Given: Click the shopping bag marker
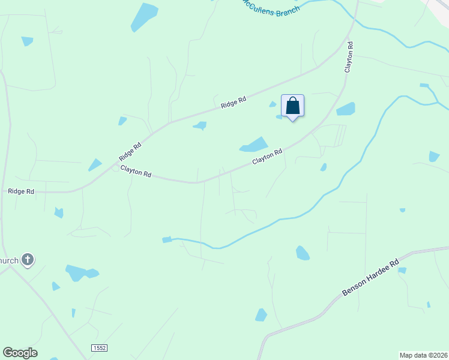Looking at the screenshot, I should point(292,106).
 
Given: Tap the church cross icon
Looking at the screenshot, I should point(27,260).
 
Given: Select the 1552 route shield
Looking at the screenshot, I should point(99,349).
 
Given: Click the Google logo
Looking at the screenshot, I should point(20,353).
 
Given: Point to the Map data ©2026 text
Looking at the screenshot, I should point(423,355).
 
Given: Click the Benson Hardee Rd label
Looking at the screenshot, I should point(370,277).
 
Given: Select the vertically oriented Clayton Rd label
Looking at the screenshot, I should point(348,57).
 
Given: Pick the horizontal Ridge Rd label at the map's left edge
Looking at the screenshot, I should point(21,191).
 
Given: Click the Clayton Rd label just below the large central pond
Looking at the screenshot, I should point(267,157).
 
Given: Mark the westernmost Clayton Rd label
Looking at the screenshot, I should point(136,171).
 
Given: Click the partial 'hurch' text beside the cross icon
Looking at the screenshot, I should point(8,260).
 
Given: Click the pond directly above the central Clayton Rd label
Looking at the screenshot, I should point(254,145).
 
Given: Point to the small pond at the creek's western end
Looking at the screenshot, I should point(167,239).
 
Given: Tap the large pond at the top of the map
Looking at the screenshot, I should point(144,17).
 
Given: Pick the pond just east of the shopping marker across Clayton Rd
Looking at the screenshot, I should point(346,109).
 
